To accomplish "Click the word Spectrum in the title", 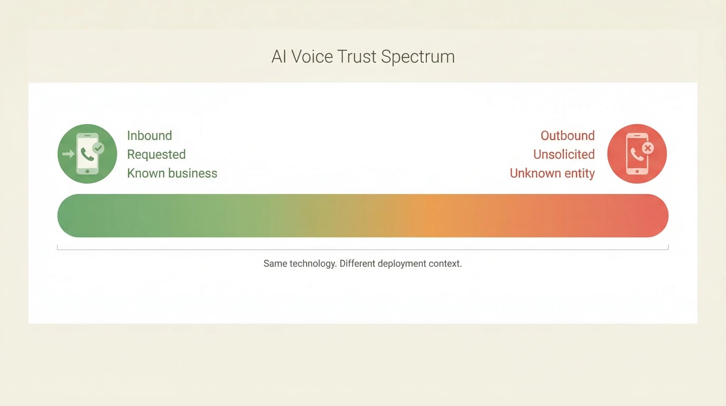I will click(417, 57).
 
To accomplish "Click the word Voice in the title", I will click(312, 57).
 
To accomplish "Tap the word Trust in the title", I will click(357, 57).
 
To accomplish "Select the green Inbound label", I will click(149, 136).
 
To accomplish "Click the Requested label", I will click(156, 155).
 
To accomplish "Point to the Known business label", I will click(172, 173).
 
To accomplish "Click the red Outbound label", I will click(567, 136).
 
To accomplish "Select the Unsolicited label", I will click(564, 155).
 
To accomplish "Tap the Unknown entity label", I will click(552, 173).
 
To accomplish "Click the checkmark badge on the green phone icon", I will click(98, 148).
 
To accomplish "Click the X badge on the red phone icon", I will click(648, 148).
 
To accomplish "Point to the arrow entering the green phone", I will click(68, 154).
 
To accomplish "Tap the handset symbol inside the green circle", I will click(87, 154).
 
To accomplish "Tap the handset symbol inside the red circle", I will click(637, 154).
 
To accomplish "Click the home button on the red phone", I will click(637, 172).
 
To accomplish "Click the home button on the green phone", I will click(87, 172).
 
